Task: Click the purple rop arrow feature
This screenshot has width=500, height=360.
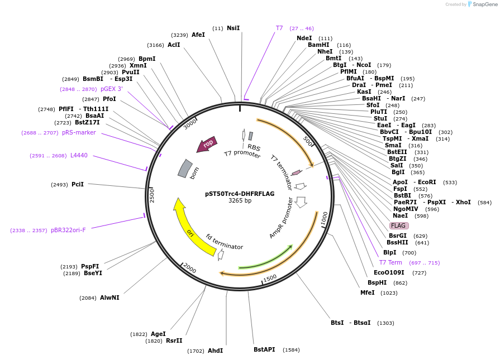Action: (207, 145)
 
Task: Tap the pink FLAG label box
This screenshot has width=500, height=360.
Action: (399, 225)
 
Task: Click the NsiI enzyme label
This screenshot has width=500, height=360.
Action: (233, 28)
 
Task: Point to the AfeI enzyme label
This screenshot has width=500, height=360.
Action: (198, 35)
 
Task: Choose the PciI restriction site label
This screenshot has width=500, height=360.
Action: (78, 184)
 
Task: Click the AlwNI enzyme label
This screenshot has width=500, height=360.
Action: (109, 297)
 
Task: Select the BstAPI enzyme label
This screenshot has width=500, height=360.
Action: (264, 349)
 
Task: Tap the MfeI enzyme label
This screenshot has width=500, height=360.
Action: (367, 292)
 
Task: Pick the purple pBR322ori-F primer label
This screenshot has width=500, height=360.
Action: (68, 230)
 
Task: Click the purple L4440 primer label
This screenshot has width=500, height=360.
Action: (79, 155)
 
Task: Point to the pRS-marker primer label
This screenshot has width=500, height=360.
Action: (79, 132)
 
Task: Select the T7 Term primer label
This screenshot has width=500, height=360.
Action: (391, 262)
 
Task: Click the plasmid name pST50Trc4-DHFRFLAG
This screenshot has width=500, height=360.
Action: (240, 194)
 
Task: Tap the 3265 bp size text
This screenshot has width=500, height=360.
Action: (240, 201)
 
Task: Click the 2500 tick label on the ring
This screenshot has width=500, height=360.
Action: (152, 195)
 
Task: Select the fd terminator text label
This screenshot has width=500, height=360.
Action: (225, 242)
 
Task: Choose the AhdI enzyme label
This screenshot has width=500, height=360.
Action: (215, 351)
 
